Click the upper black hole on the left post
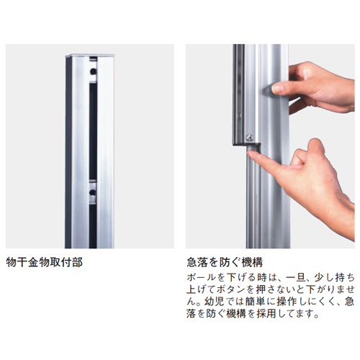point(93,71)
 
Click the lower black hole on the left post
point(93,192)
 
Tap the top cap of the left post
point(90,55)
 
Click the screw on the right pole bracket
point(250,138)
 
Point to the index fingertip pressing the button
point(251,153)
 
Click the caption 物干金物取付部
point(45,262)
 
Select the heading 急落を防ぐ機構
point(225,262)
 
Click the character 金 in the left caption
point(33,262)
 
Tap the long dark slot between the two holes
point(93,132)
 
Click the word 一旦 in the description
point(295,278)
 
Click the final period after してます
point(317,316)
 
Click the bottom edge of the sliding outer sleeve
point(246,144)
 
